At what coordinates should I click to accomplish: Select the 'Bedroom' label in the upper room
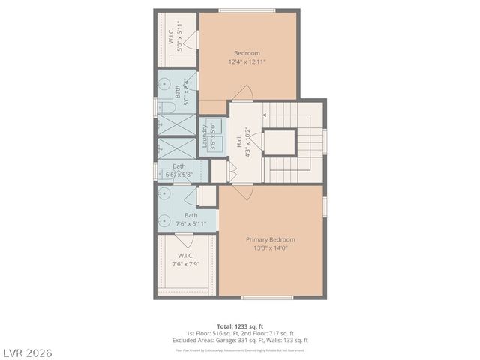point(247,53)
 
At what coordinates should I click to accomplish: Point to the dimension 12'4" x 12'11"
point(247,62)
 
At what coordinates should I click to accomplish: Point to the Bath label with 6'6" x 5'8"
point(179,166)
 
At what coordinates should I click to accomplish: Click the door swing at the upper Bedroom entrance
point(241,93)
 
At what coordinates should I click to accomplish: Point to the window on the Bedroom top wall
point(247,10)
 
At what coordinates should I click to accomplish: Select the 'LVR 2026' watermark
point(28,352)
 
